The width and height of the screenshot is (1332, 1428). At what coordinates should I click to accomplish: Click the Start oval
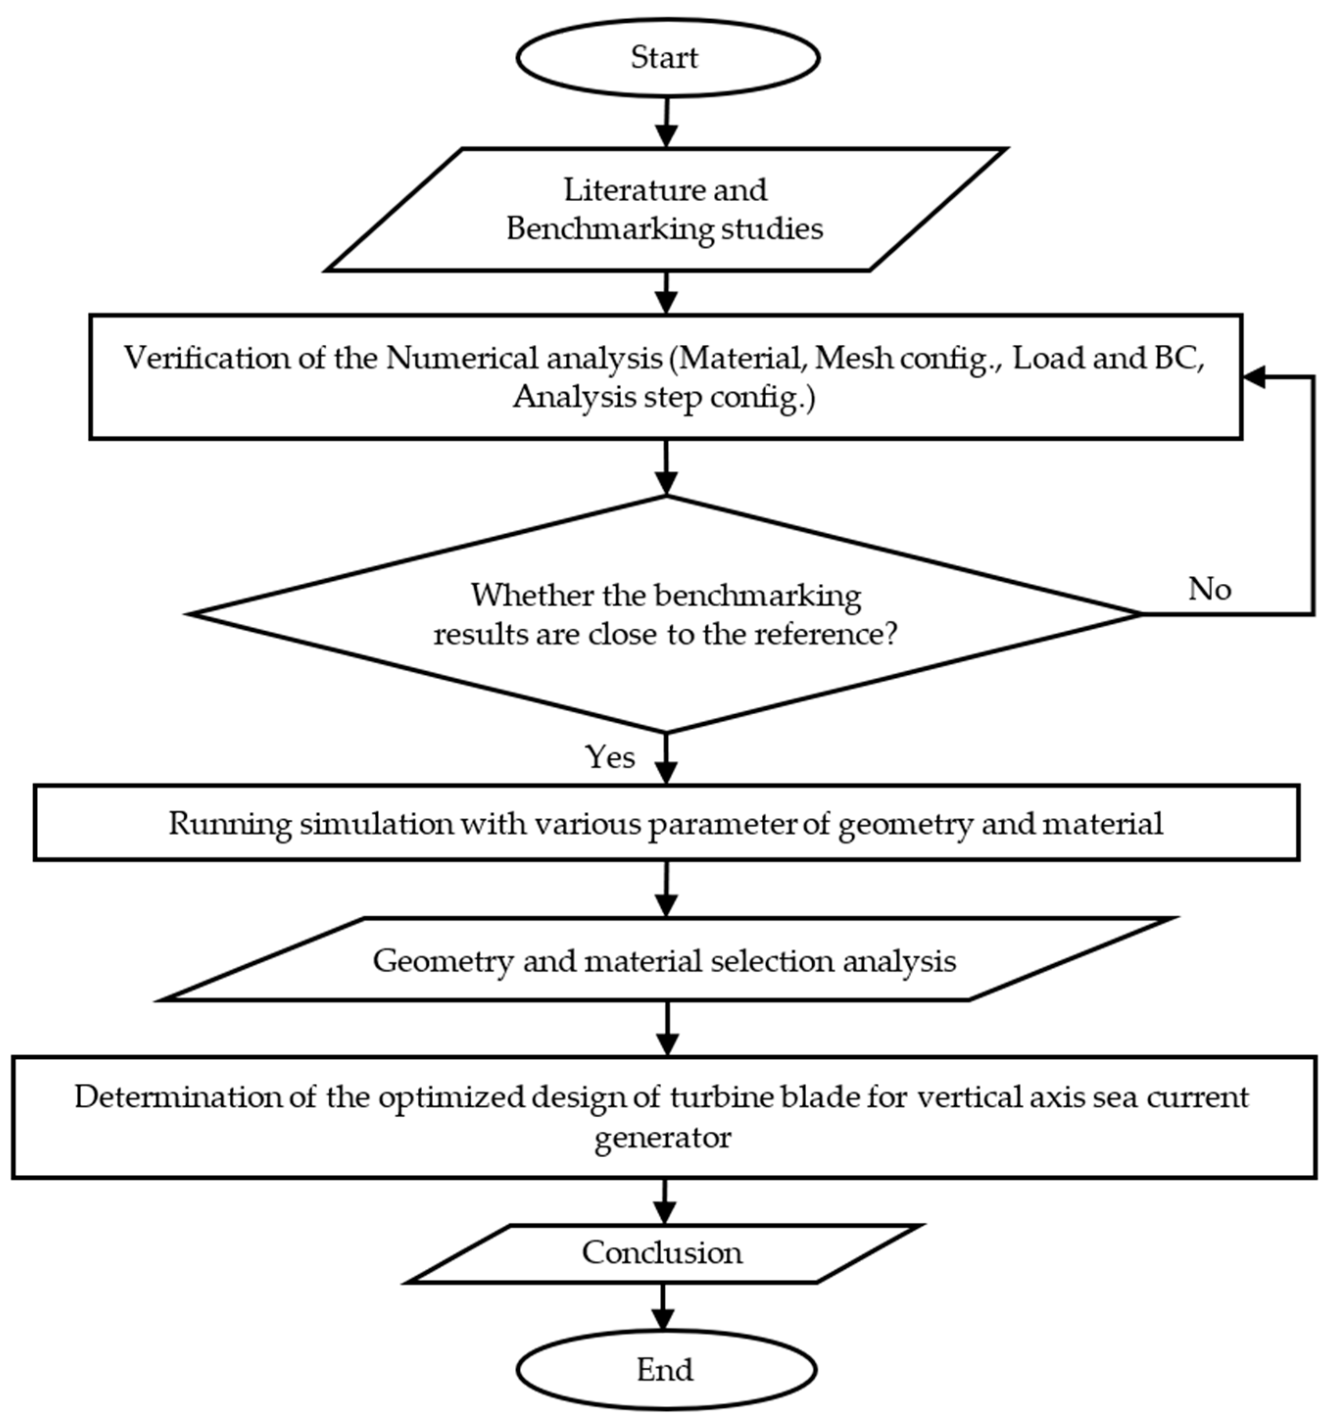click(667, 57)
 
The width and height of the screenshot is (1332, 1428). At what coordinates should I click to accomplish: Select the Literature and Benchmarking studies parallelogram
click(665, 210)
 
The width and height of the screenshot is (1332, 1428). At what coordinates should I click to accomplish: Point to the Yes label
click(610, 757)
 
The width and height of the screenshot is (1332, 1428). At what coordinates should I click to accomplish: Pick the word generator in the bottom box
click(662, 1138)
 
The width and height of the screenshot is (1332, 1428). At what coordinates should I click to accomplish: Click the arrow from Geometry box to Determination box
click(667, 1028)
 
